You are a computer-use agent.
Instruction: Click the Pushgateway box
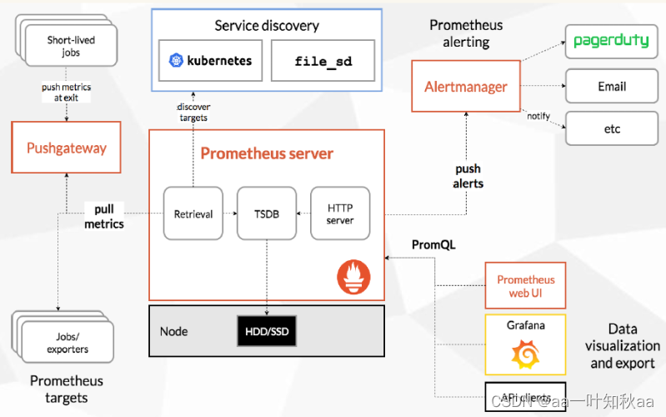tap(67, 148)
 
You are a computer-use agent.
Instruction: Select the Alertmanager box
tap(466, 87)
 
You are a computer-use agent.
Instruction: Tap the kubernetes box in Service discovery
tap(210, 61)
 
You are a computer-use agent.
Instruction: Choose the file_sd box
tap(322, 61)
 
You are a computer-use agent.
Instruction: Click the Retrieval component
tap(193, 214)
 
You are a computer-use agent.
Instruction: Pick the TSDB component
tap(267, 214)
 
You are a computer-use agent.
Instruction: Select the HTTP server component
tap(340, 214)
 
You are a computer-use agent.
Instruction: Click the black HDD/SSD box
tap(266, 331)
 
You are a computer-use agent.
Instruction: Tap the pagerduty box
tap(611, 41)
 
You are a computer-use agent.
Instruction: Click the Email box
tap(611, 86)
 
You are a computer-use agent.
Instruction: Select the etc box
tap(611, 129)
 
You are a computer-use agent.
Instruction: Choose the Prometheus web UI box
tap(525, 286)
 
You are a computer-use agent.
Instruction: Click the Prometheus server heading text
tap(267, 153)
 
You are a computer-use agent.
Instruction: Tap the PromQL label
tap(433, 244)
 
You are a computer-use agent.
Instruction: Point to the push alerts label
tap(468, 176)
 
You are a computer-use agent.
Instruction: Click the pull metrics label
tap(104, 217)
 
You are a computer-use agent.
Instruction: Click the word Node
tap(173, 331)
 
